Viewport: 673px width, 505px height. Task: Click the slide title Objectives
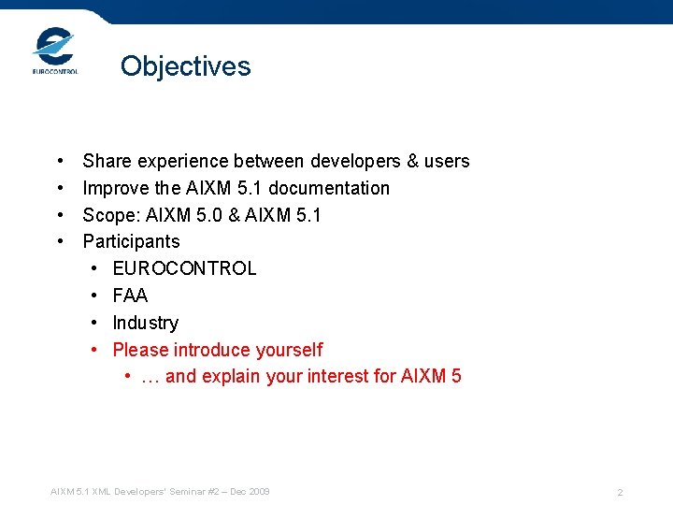click(185, 66)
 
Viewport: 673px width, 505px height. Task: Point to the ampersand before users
click(413, 161)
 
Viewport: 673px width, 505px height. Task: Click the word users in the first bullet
click(447, 161)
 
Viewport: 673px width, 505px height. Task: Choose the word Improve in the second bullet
click(114, 188)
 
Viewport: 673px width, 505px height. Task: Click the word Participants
click(131, 241)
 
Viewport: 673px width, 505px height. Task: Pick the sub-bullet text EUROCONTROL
click(184, 268)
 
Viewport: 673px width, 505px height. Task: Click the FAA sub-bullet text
click(130, 296)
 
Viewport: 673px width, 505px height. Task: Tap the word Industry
click(145, 323)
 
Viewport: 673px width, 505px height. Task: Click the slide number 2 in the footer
click(620, 493)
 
